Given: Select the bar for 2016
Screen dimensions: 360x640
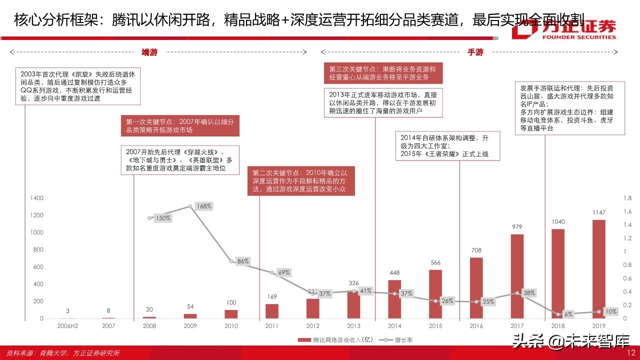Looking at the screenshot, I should (476, 288).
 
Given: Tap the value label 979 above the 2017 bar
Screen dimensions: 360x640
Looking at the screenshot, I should (517, 227).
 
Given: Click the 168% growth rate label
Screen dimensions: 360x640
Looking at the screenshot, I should (203, 206).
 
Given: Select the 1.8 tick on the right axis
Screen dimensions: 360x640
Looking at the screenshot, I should (628, 198).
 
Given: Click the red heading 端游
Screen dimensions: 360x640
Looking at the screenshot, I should (149, 52).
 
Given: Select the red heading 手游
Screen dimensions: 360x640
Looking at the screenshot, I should (475, 52).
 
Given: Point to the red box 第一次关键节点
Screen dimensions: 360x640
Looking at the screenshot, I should (180, 125).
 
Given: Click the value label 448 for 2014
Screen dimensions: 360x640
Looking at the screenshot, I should (395, 273).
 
